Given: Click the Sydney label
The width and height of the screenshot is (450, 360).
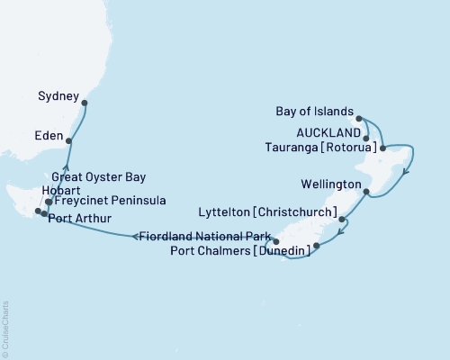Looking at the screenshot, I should pyautogui.click(x=58, y=93).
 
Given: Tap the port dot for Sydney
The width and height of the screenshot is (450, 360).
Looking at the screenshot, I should pyautogui.click(x=85, y=103).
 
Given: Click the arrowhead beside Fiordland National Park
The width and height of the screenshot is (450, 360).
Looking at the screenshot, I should pyautogui.click(x=136, y=237).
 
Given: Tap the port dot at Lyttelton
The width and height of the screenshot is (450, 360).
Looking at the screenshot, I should pyautogui.click(x=343, y=219).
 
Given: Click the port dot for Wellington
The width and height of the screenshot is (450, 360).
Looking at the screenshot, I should pyautogui.click(x=365, y=192).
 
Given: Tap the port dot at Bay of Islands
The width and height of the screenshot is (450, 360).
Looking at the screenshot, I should pyautogui.click(x=358, y=118).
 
